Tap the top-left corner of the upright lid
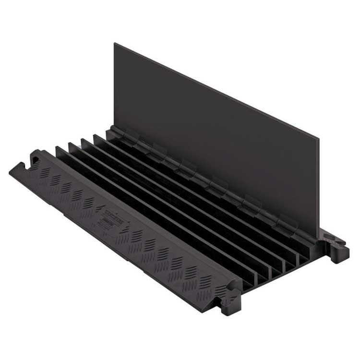point(115,44)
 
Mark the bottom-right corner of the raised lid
point(318,238)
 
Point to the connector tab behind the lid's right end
point(338,247)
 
